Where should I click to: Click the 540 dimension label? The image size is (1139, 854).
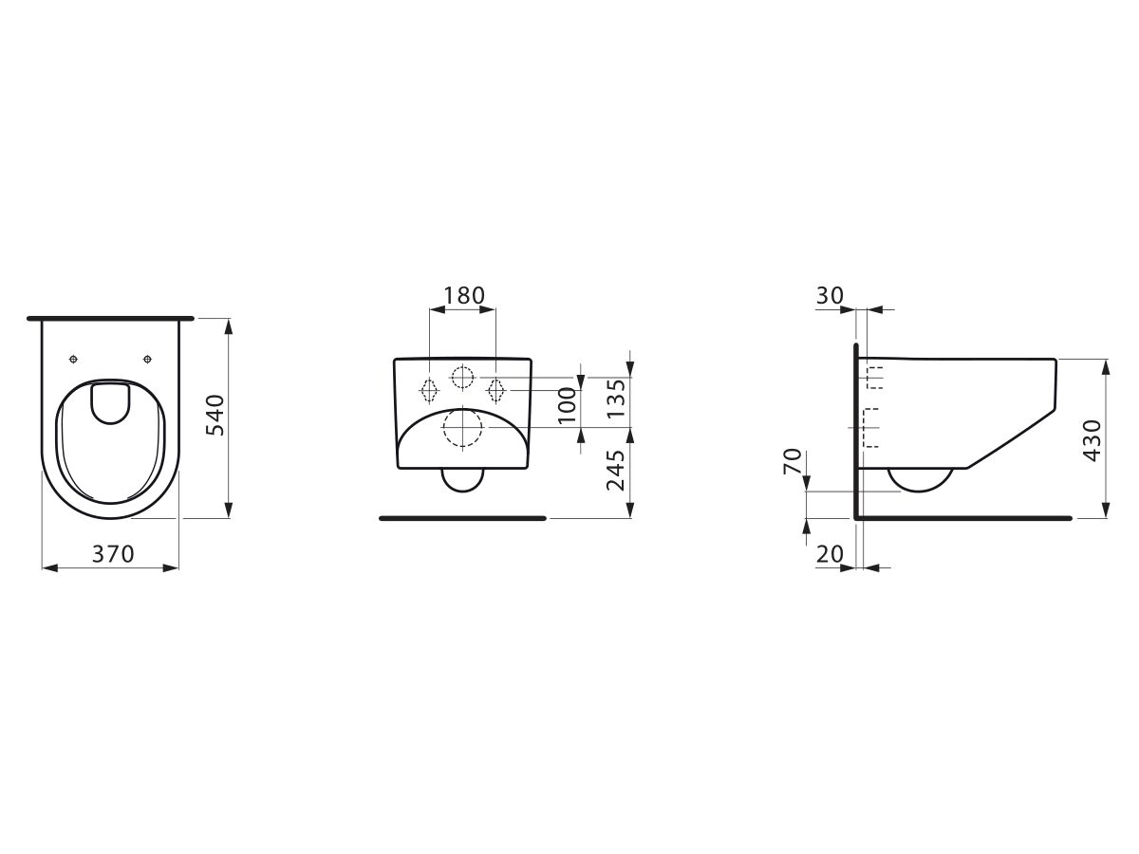click(x=215, y=415)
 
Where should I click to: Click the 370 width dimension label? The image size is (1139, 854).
click(x=113, y=554)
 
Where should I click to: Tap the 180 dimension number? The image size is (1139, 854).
click(x=464, y=295)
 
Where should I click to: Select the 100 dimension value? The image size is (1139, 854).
click(x=568, y=405)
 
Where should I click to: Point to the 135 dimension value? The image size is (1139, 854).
click(x=616, y=399)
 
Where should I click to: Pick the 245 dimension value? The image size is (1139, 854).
click(x=616, y=470)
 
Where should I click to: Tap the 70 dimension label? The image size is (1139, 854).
click(x=792, y=462)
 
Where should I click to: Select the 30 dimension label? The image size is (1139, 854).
click(x=831, y=295)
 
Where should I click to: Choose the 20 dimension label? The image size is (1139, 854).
click(x=831, y=554)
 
